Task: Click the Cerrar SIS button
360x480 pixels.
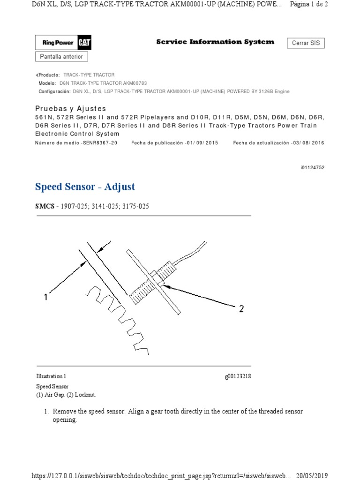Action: (306, 43)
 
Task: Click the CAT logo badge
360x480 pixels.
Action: (85, 43)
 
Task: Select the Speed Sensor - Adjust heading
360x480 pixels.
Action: (85, 187)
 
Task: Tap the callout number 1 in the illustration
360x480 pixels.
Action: (46, 297)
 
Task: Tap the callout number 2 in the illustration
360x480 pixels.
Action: (241, 309)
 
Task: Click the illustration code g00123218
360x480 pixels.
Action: (238, 376)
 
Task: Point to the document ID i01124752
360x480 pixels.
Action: (311, 167)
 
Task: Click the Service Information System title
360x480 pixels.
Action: (215, 42)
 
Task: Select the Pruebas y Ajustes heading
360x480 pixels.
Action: (71, 109)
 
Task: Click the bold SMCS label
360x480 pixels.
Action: (44, 206)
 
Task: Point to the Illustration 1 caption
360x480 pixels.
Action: (51, 376)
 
